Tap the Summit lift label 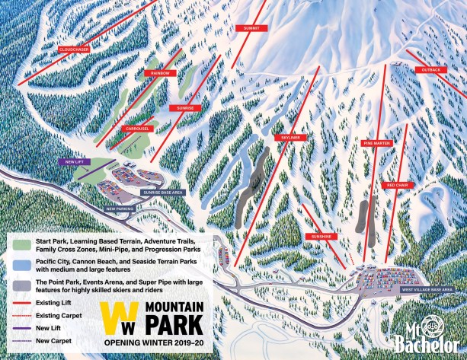pos(251,27)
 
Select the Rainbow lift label pos(159,73)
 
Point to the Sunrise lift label pos(186,108)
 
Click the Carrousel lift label pos(137,129)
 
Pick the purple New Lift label pos(73,161)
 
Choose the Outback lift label pos(430,69)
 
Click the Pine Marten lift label pos(376,142)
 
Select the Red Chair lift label pos(400,185)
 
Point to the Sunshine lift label pos(321,237)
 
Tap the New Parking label pos(120,208)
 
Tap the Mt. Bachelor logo pos(424,332)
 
